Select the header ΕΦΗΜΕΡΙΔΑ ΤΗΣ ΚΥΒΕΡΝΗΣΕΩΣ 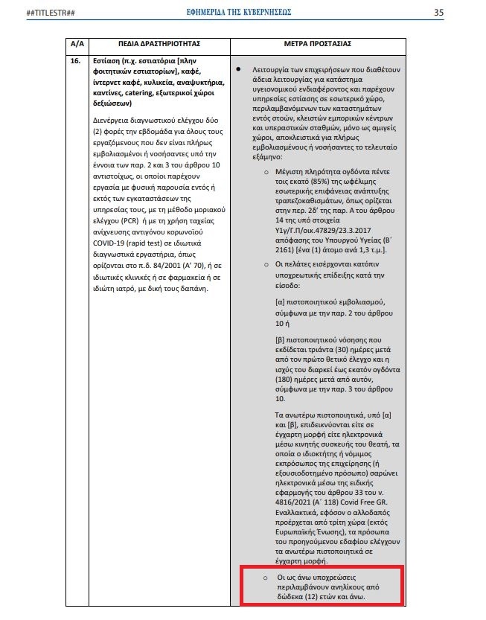(x=239, y=13)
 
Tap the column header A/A (x=77, y=44)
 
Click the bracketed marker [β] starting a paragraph (x=281, y=339)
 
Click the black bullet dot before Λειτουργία (x=238, y=69)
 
